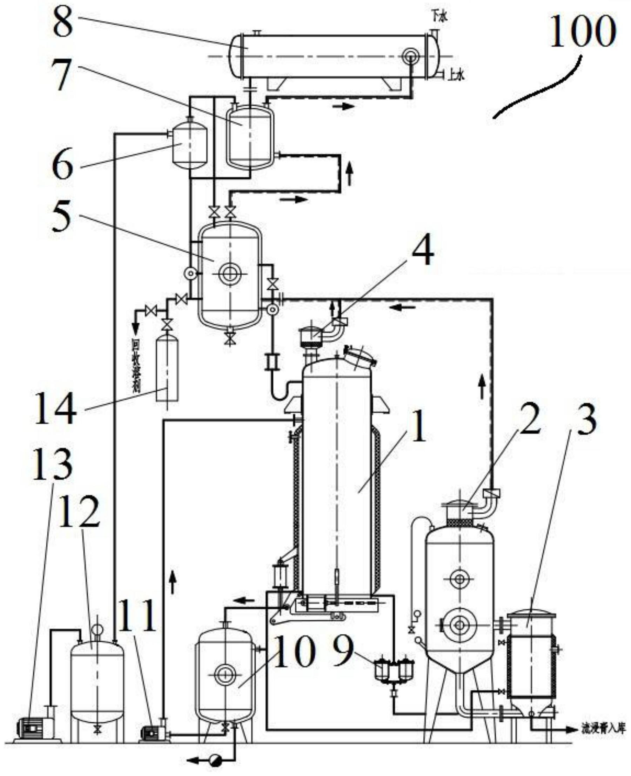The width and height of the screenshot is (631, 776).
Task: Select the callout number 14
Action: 55,410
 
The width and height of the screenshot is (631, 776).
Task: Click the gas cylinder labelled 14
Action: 167,369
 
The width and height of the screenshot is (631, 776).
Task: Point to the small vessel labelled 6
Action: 189,145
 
